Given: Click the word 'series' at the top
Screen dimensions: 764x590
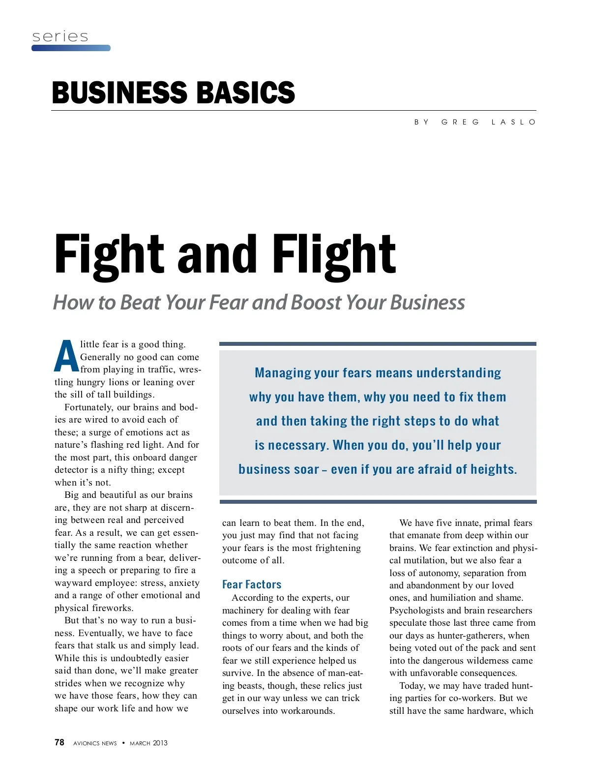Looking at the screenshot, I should [x=60, y=36].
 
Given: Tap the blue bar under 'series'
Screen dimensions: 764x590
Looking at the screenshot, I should [x=71, y=48].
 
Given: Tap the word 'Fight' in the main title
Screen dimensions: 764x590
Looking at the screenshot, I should [x=109, y=254].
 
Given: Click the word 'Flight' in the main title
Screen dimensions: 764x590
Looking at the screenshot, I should [x=334, y=254].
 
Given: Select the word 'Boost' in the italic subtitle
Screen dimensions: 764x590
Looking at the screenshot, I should [x=317, y=302].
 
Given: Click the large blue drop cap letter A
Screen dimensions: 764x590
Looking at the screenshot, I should [x=66, y=356].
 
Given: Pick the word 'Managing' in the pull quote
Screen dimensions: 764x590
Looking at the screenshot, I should [x=283, y=373].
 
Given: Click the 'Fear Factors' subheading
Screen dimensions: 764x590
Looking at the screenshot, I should [x=252, y=584].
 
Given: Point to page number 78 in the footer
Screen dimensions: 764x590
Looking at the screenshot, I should [x=59, y=742].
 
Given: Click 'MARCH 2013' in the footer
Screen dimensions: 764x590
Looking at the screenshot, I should [x=148, y=743].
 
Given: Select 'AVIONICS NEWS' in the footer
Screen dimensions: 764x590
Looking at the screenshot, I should [x=95, y=743].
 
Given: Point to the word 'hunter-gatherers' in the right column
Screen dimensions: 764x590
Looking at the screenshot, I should [x=476, y=636].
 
